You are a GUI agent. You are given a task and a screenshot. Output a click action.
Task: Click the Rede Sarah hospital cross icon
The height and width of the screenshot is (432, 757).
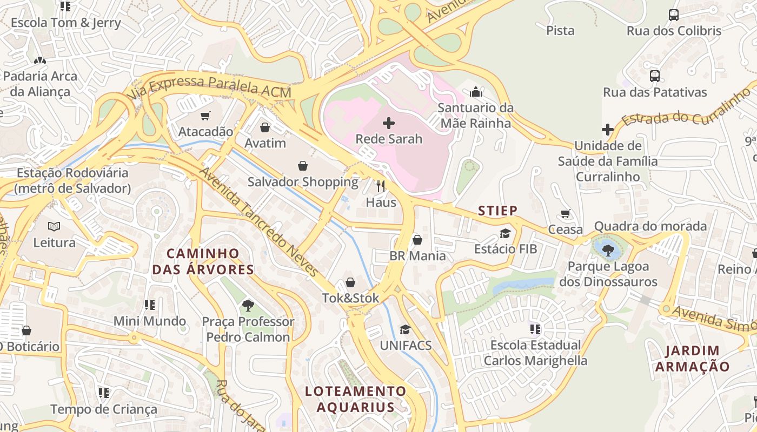[388, 123]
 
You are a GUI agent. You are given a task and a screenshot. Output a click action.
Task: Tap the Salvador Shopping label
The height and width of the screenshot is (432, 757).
[303, 182]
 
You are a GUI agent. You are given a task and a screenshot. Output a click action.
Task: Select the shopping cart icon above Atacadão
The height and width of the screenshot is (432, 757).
[205, 116]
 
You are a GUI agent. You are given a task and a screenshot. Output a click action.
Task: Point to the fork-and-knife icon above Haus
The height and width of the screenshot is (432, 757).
[381, 186]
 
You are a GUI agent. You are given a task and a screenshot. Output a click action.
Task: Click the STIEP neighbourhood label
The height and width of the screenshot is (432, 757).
[497, 211]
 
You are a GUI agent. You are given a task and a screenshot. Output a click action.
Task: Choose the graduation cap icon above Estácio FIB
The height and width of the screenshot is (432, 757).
[505, 233]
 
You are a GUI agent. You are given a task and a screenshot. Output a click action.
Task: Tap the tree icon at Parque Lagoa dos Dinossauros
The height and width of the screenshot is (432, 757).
[608, 250]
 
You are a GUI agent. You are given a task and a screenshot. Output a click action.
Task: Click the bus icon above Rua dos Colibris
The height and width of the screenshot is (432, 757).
[673, 15]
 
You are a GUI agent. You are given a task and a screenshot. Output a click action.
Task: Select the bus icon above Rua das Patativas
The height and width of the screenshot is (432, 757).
[654, 76]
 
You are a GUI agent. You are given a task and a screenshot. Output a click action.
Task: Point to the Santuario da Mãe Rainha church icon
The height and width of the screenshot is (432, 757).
[475, 92]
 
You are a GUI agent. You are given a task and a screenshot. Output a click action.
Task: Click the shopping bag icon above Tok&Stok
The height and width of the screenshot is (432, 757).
[350, 282]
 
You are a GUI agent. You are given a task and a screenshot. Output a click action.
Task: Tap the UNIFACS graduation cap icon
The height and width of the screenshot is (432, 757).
[404, 329]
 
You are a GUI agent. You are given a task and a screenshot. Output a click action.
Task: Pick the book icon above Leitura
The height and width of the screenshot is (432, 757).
[54, 226]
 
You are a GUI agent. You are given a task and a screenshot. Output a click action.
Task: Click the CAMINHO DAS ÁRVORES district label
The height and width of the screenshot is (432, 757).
[203, 261]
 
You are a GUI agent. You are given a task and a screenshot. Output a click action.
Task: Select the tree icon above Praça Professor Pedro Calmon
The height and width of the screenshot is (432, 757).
[248, 306]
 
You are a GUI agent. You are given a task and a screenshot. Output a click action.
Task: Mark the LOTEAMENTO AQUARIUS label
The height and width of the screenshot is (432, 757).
[355, 399]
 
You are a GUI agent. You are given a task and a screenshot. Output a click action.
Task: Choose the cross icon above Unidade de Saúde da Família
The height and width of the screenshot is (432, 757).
[607, 130]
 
